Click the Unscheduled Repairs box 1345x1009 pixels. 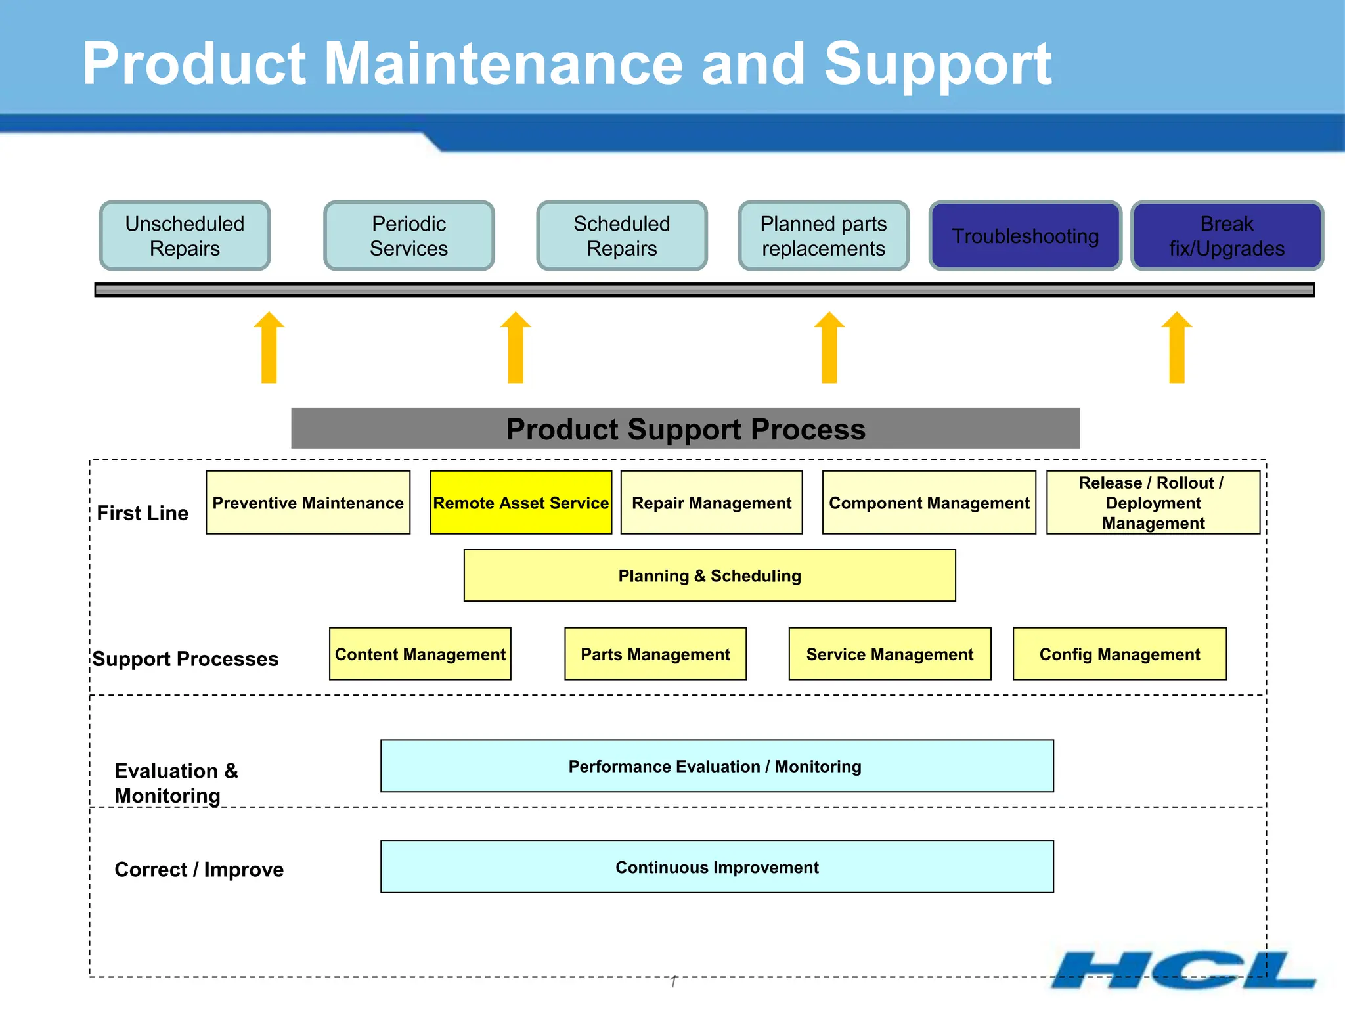(185, 236)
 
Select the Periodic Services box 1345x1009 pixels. (408, 236)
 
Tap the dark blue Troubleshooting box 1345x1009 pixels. (1025, 236)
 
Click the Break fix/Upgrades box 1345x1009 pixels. (1226, 236)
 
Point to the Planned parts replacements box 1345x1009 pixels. (824, 236)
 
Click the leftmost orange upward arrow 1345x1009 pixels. (269, 348)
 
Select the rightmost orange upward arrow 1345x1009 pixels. (1176, 348)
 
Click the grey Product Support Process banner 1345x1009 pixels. (685, 428)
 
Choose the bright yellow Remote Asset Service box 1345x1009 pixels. (521, 503)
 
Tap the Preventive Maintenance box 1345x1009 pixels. (307, 503)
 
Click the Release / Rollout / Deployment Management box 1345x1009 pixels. (1153, 503)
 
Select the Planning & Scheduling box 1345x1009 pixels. (709, 575)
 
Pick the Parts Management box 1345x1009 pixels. (655, 654)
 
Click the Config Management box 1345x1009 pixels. (1119, 654)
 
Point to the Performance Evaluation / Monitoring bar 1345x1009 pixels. (717, 766)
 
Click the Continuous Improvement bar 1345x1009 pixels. (717, 866)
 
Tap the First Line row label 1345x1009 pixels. (143, 513)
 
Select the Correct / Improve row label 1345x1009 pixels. (199, 869)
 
